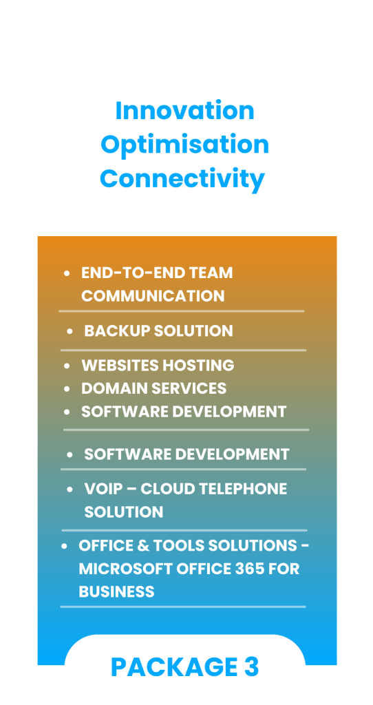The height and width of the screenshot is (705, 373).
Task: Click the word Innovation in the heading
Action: point(184,111)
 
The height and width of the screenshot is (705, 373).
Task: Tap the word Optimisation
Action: point(184,145)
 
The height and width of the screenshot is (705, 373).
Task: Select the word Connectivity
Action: point(182,179)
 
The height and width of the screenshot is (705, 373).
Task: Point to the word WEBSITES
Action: point(120,365)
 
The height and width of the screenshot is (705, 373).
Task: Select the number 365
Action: point(251,569)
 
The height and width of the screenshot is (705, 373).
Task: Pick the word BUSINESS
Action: point(116,591)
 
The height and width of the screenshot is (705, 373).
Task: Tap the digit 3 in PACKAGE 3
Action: point(252,666)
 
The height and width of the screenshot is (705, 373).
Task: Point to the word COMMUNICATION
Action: point(153,296)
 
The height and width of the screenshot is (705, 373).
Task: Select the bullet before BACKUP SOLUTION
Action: point(70,331)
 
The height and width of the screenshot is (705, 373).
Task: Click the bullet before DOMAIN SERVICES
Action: point(67,389)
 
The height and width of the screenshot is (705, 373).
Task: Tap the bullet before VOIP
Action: point(70,490)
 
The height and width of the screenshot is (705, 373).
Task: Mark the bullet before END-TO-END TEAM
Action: point(67,273)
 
